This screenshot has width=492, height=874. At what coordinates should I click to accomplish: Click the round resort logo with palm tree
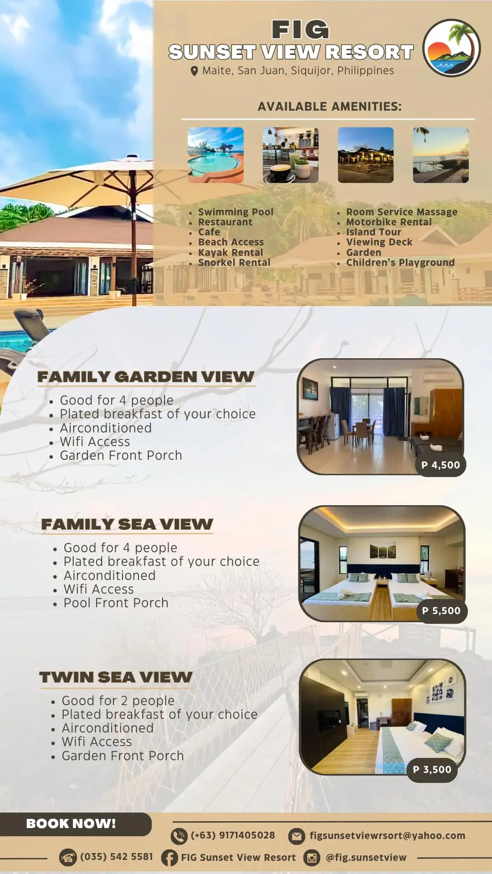pos(451,48)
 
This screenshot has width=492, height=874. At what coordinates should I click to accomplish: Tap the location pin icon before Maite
pos(194,71)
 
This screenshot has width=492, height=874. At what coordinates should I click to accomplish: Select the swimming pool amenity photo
pos(215,155)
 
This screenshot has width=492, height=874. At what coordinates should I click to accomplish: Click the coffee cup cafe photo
pos(291,155)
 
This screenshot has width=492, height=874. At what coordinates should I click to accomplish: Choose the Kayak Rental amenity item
pos(231,252)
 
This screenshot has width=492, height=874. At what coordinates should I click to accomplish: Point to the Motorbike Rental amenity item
pos(389,222)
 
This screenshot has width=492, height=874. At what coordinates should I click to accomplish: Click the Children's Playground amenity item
pos(400,263)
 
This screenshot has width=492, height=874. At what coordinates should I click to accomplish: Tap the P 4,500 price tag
pos(441,465)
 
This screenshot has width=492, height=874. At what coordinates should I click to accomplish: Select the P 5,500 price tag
pos(441,611)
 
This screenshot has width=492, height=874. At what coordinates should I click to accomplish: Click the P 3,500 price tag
pos(432,770)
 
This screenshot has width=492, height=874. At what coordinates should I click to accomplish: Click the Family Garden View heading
pos(146,377)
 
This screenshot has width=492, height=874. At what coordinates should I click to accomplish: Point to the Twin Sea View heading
pos(116,677)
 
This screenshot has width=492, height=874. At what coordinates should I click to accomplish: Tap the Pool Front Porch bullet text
pos(116,603)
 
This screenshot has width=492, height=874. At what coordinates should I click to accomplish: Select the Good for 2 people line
pos(118,701)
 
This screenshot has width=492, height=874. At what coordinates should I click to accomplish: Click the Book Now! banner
pos(75,824)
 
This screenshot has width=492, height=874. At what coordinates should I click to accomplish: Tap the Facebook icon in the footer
pos(169,858)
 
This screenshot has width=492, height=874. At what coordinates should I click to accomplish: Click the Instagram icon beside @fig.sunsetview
pos(312,858)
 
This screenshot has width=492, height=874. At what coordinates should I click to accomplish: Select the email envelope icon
pos(297,836)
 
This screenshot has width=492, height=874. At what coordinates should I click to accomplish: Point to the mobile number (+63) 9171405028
pos(233,835)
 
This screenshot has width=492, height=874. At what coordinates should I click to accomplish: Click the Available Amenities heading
pos(329,107)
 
